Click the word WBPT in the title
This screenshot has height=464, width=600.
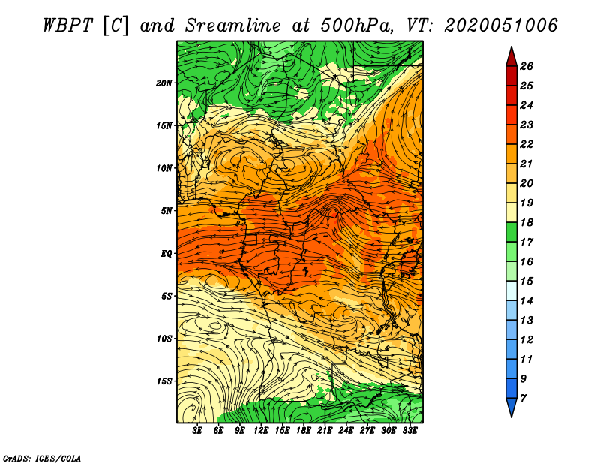coord(68,26)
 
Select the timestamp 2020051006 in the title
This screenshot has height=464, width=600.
coord(500,26)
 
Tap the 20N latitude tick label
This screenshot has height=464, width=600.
coord(164,83)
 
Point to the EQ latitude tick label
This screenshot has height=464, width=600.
coord(166,254)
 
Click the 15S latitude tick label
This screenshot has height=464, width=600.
coord(165,381)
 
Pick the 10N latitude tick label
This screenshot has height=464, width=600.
coord(164,168)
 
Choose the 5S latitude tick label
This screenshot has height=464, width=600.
coord(167,296)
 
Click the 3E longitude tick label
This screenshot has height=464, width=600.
coord(197,431)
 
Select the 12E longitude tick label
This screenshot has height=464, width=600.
coord(260,431)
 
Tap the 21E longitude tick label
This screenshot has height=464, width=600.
coord(325,431)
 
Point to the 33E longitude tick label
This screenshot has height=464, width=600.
coord(409,431)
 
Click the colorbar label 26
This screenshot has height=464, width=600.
coord(526,66)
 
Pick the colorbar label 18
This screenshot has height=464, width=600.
coord(526,222)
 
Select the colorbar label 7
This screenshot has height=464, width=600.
coord(523,399)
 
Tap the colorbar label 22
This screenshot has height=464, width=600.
coord(526,144)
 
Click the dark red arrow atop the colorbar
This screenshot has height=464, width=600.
coord(511,57)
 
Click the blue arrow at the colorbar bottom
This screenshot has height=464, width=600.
coord(511,407)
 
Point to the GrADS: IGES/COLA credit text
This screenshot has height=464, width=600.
coord(42,459)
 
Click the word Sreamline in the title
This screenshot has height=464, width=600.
coord(233,26)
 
